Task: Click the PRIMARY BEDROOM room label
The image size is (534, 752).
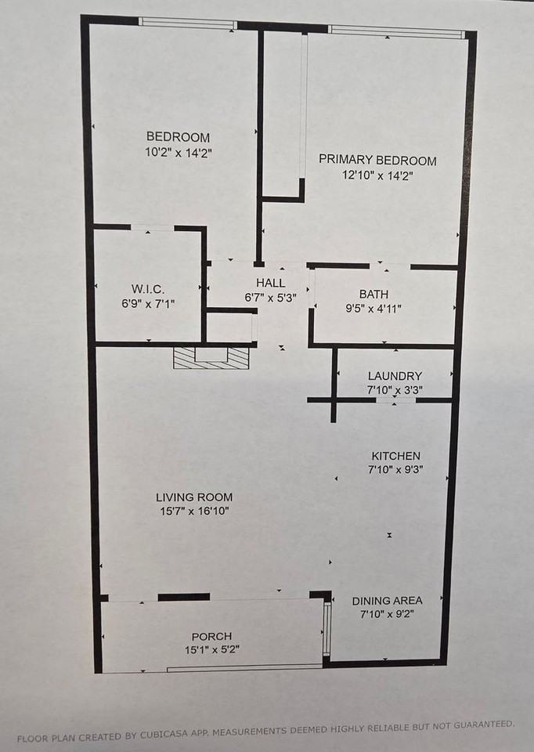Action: tap(377, 161)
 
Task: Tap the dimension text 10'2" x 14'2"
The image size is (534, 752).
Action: tap(178, 153)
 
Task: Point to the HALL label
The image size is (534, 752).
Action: tap(270, 283)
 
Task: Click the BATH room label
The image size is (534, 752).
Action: tap(373, 294)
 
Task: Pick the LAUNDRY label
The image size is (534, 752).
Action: tap(395, 376)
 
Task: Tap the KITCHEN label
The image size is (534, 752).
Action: tap(395, 456)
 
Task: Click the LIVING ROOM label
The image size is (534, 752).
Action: tap(193, 497)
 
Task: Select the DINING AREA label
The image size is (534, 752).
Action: tap(387, 600)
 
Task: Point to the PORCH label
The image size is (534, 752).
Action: tap(211, 636)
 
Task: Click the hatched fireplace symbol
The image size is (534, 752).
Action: tap(211, 358)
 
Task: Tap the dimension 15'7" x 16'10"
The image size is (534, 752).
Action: tap(193, 511)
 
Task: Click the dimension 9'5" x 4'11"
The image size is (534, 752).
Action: tap(373, 308)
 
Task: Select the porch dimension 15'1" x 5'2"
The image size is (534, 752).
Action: tap(211, 649)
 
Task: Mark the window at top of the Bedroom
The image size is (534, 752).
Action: tap(188, 23)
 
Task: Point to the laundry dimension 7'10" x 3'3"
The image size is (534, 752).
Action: tap(395, 390)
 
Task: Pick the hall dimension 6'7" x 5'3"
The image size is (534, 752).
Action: tap(270, 297)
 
